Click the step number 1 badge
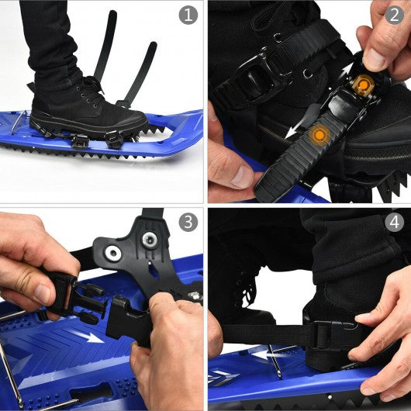point(188,16)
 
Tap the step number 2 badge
point(394,16)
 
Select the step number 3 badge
point(188,222)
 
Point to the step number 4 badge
point(394,222)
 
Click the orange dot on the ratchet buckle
point(363,85)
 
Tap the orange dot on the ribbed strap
point(319,135)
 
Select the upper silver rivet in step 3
point(150,239)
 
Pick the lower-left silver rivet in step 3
point(113,253)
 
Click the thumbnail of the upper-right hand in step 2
point(375,57)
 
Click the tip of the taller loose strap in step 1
point(112,12)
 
